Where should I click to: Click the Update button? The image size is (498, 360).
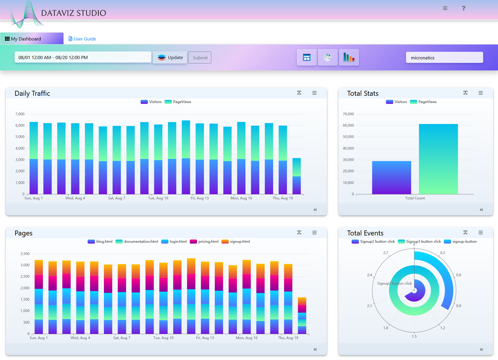point(170,58)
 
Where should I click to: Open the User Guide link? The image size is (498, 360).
point(82,39)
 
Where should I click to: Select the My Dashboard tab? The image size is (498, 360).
point(32,39)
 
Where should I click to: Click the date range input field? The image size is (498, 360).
point(83,57)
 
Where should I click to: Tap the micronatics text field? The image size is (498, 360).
point(444,58)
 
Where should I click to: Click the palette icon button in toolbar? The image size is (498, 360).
point(327,57)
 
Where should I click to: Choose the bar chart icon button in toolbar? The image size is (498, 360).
point(349,57)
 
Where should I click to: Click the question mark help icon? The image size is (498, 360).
point(463,8)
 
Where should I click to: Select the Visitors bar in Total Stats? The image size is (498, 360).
point(391,178)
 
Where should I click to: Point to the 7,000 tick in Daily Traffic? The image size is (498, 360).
point(20,114)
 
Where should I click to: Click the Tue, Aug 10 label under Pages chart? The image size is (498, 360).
point(163,338)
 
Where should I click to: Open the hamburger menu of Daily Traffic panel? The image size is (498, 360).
point(314,93)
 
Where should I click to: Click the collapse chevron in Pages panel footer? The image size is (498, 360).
point(315,349)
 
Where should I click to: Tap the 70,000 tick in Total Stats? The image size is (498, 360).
point(348,114)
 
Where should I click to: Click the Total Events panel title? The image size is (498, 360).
point(365,233)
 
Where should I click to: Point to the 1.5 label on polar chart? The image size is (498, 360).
point(414,336)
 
